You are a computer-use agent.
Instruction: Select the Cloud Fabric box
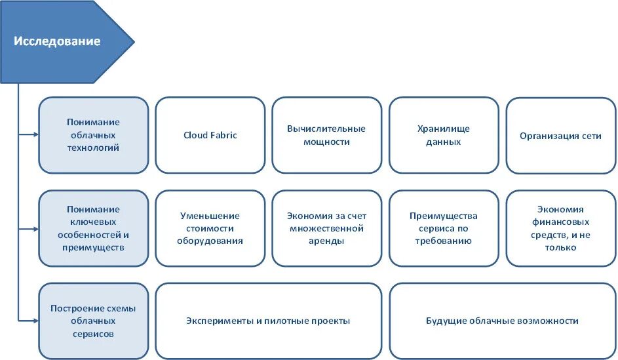[x=210, y=135]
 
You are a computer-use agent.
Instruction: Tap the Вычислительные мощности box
[x=326, y=135]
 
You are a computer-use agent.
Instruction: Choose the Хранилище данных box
[x=443, y=135]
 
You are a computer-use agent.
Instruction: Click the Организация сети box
[x=560, y=136]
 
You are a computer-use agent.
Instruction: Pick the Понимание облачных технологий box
[x=93, y=135]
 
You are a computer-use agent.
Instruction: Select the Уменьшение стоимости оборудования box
[x=210, y=228]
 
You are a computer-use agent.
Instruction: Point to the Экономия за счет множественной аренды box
[x=326, y=228]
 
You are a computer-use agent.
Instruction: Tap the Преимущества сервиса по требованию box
[x=443, y=228]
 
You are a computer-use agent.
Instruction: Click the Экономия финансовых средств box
[x=560, y=228]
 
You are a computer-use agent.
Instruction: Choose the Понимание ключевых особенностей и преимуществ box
[x=93, y=228]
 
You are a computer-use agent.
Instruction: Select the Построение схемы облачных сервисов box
[x=93, y=321]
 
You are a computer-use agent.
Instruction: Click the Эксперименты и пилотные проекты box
[x=268, y=321]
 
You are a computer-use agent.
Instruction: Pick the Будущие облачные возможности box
[x=502, y=321]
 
